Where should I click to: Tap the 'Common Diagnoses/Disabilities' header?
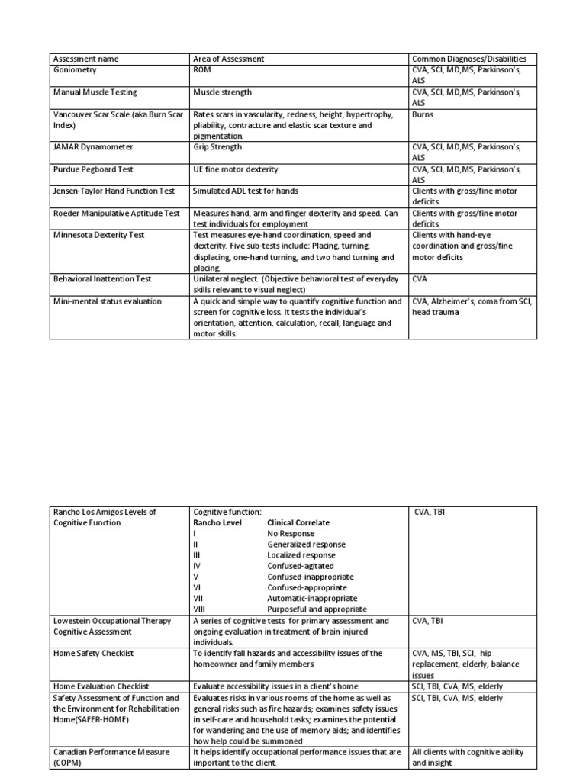click(474, 59)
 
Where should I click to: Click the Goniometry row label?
click(76, 69)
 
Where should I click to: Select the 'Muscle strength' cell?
click(223, 92)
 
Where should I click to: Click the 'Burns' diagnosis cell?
click(423, 114)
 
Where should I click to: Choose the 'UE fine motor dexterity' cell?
click(236, 169)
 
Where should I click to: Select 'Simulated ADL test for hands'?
click(246, 191)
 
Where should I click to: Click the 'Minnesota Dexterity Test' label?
click(98, 235)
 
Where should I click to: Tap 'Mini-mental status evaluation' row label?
click(107, 301)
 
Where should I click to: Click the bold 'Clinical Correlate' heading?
click(298, 523)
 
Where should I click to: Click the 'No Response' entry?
click(291, 534)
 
